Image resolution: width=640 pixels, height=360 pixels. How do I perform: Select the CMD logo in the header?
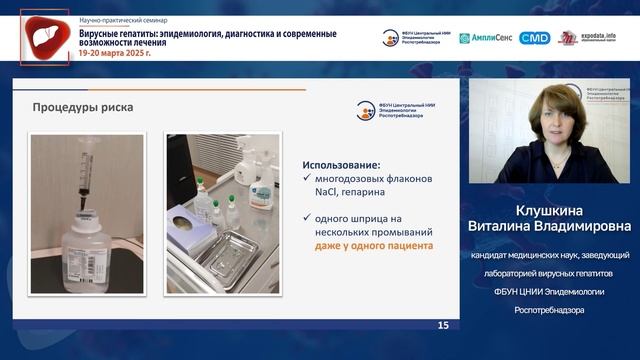(x=535, y=38)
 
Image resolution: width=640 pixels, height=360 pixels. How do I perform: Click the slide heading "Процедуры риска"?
(x=82, y=107)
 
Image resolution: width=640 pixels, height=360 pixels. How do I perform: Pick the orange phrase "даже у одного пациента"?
(x=374, y=244)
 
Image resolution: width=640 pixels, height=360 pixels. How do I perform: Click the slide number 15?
(x=442, y=326)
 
